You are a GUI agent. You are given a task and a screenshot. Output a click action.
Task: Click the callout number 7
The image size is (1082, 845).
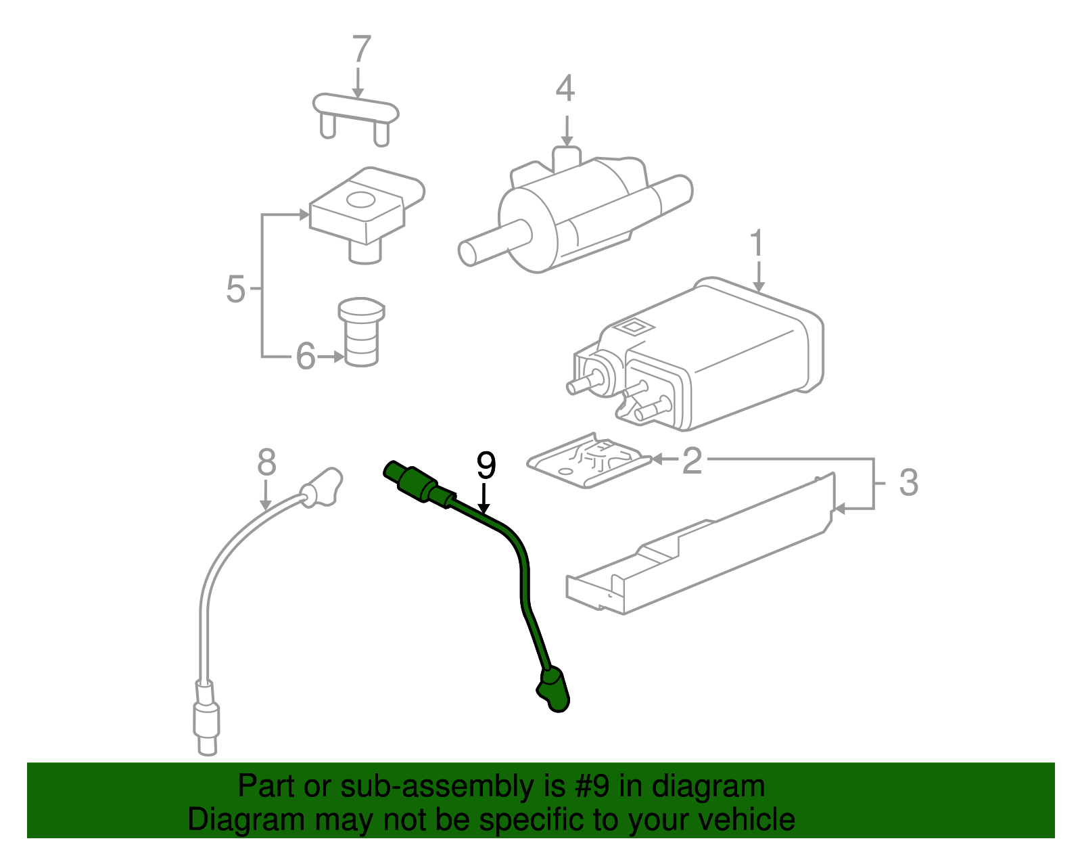[x=362, y=50]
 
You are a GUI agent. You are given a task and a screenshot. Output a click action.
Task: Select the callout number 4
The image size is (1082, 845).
[x=565, y=89]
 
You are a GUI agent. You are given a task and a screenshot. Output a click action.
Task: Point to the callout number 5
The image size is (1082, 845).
[x=235, y=290]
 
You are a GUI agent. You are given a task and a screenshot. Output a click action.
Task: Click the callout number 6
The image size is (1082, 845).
[x=306, y=356]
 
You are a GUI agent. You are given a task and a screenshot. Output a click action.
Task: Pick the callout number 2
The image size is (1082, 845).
[x=692, y=461]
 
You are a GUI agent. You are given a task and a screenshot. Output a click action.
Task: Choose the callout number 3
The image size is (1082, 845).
[x=908, y=483]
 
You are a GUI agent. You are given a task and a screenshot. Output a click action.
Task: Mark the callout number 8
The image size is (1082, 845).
[x=266, y=463]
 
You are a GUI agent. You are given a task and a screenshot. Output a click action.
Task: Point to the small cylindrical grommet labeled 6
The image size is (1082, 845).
[x=361, y=332]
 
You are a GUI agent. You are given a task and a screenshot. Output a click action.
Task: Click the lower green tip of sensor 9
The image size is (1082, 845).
[x=554, y=690]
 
